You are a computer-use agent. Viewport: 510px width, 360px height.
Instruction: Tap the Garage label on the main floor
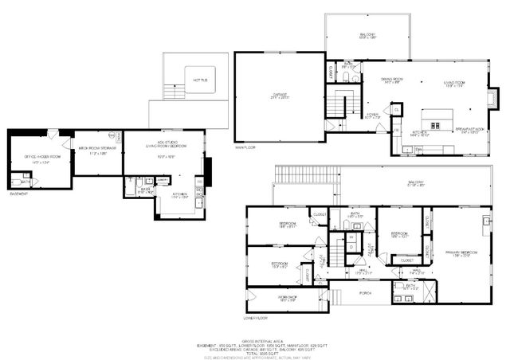pyautogui.click(x=279, y=95)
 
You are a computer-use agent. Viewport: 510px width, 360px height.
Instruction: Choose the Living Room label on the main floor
pyautogui.click(x=453, y=82)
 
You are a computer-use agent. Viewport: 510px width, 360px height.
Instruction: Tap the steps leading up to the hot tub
pyautogui.click(x=168, y=88)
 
